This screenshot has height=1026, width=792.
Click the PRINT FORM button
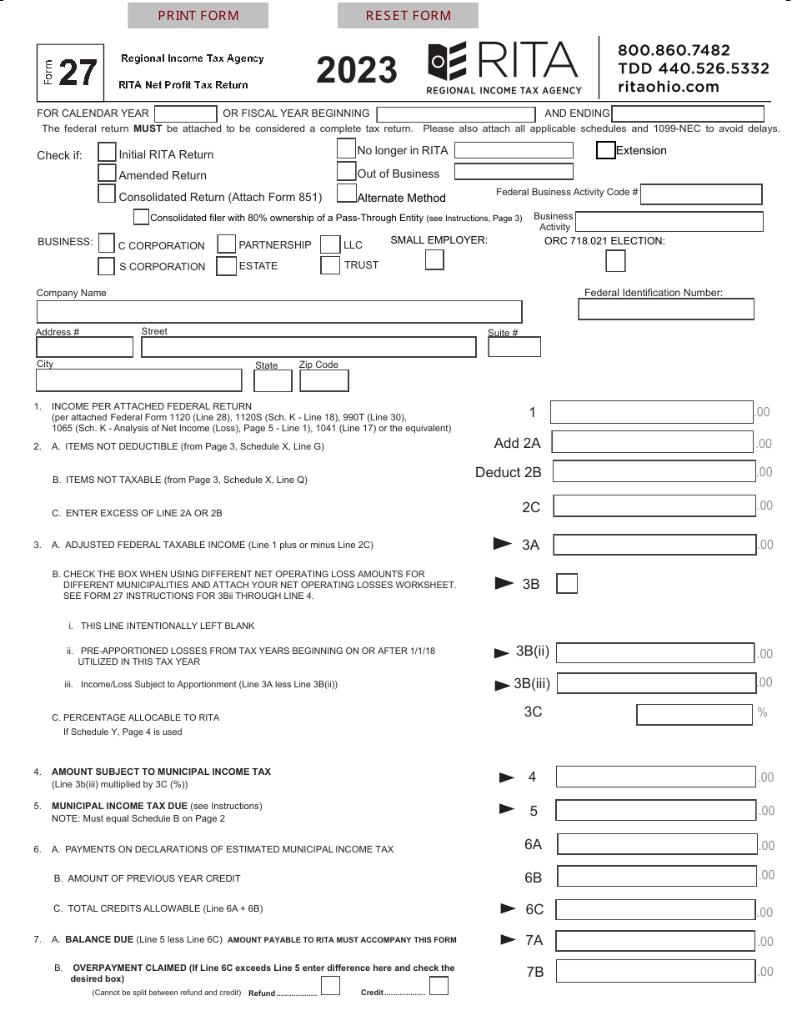click(198, 15)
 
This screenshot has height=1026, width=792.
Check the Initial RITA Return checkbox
click(107, 153)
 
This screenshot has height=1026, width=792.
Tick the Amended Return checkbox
click(107, 174)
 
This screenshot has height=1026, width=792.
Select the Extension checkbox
click(606, 151)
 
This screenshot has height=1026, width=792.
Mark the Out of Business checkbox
click(346, 172)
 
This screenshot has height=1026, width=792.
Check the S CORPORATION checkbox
click(106, 266)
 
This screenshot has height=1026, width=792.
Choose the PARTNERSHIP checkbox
click(226, 244)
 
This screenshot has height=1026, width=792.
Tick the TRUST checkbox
click(330, 265)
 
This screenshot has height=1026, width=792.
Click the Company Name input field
click(279, 312)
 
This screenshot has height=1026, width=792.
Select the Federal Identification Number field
click(665, 309)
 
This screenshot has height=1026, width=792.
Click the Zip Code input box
click(323, 381)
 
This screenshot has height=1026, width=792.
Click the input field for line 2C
click(654, 506)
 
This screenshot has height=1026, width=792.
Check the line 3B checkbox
click(567, 584)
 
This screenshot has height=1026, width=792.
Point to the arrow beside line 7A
click(508, 940)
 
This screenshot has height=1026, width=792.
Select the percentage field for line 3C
click(694, 715)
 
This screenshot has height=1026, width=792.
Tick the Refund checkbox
click(330, 987)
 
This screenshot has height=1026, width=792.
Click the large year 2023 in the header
click(357, 70)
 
